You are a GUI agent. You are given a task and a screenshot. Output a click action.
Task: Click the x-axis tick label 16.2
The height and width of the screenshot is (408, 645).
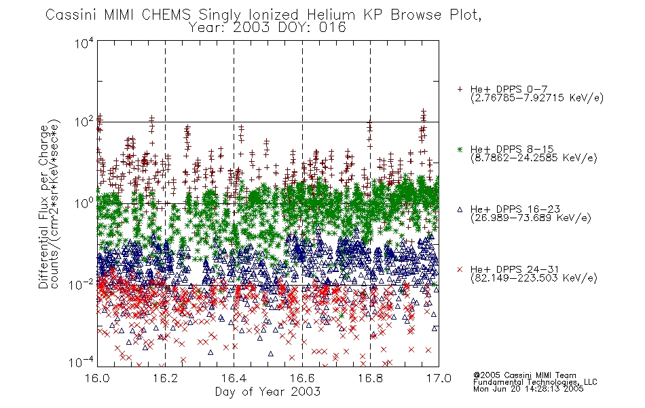pos(165,378)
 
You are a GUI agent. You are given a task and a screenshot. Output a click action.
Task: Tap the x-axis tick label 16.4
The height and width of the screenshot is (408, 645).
pos(234,378)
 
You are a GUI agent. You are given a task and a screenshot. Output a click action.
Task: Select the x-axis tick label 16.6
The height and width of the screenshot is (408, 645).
pos(302,378)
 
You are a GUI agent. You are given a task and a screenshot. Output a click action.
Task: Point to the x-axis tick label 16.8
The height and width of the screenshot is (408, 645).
pos(370,378)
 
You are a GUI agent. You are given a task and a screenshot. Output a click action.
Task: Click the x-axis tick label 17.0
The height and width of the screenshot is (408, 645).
pos(439,378)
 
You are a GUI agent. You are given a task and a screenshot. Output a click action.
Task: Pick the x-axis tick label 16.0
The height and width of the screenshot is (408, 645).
pos(97,378)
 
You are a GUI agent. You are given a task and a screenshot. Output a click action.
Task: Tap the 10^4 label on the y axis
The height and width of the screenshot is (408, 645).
pos(84,43)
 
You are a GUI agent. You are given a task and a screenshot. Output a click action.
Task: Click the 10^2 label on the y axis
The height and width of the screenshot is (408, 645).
pos(84,122)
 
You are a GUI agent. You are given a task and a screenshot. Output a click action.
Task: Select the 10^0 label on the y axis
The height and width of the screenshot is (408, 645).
pos(84,203)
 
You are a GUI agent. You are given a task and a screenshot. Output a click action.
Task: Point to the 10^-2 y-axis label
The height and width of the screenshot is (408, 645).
pos(81,284)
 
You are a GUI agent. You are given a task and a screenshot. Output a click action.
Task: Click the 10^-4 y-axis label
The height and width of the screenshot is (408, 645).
pos(81,362)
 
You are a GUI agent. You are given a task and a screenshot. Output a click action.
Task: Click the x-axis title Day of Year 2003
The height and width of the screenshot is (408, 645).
pos(268,392)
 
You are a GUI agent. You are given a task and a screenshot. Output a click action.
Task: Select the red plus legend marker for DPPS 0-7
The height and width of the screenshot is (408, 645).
pos(460,89)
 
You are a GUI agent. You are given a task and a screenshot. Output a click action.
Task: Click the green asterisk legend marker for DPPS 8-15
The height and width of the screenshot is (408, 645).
pos(460,149)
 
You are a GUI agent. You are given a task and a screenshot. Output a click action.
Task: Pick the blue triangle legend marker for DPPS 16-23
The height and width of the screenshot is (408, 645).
pos(460,209)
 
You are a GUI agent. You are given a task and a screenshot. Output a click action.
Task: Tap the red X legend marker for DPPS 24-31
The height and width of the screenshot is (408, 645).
pos(460,269)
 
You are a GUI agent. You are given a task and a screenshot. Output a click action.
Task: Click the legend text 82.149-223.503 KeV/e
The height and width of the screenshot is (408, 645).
pos(534,278)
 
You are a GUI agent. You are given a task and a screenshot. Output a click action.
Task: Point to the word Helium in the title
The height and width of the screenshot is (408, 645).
pos(331,15)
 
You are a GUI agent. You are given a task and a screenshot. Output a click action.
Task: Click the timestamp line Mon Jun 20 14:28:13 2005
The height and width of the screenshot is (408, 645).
pos(528,389)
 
